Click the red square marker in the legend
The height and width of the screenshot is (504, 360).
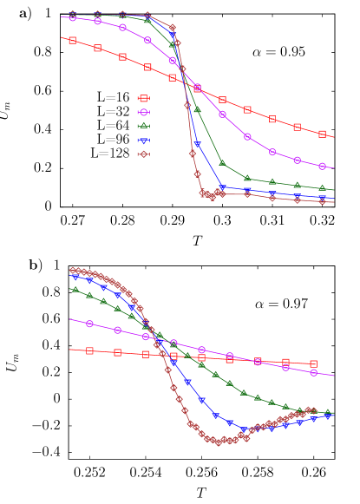pos(144,98)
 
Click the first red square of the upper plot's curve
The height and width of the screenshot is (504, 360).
pos(72,40)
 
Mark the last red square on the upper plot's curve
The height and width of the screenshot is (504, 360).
pos(322,134)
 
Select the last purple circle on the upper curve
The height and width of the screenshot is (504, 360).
pos(322,166)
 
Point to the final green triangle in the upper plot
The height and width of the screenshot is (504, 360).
pos(322,187)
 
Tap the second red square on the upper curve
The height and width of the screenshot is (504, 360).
pos(97,48)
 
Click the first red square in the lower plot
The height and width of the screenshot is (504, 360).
pos(89,350)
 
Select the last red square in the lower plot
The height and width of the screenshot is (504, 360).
pos(313,363)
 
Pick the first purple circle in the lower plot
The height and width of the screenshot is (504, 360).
pos(89,324)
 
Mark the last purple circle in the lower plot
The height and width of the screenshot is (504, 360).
pos(313,372)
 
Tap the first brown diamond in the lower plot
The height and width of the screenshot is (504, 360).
pos(73,270)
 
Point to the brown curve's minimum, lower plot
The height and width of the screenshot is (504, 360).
pos(218,442)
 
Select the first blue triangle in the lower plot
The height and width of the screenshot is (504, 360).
pos(75,278)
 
